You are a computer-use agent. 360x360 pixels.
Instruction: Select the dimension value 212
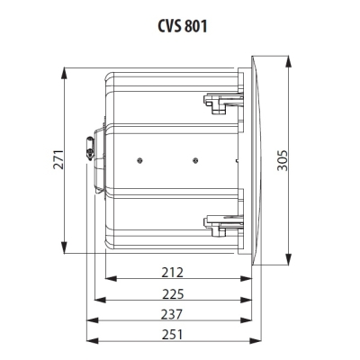[x=173, y=272]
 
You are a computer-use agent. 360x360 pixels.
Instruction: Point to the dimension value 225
[x=173, y=293]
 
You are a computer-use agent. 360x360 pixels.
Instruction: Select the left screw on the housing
[x=141, y=160]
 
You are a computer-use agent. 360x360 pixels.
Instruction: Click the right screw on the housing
[x=194, y=160]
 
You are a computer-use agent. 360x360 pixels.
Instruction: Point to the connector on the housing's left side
[x=90, y=148]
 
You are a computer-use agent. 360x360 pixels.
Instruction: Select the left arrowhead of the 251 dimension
[x=88, y=341]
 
